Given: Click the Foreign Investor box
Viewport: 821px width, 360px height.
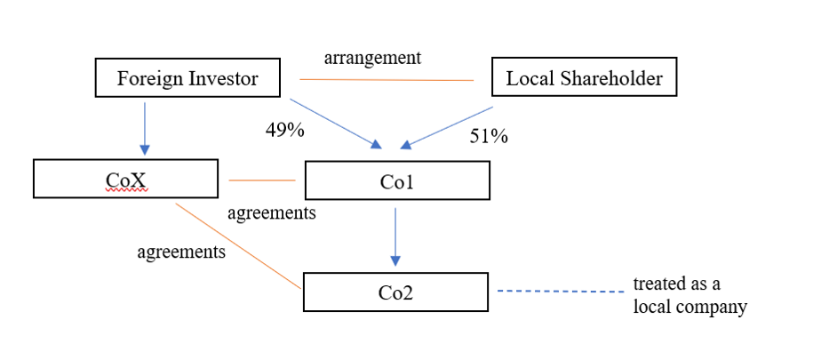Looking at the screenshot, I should [187, 78].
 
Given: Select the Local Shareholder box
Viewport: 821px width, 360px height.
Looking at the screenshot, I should [584, 78].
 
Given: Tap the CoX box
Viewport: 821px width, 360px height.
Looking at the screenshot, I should [125, 179].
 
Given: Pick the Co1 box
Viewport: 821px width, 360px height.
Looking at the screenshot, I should [396, 180].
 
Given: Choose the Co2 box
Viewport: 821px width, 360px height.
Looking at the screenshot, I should [395, 292].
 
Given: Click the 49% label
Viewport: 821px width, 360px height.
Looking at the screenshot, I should [285, 130].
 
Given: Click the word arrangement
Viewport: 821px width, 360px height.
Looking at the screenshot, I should [372, 58].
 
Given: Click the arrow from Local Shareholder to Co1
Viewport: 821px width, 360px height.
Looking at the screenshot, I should [450, 125].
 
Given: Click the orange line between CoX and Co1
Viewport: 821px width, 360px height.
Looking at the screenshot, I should [261, 180].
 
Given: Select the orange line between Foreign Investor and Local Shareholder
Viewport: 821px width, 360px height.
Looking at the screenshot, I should [387, 80].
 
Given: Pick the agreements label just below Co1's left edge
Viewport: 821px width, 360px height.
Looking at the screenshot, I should [272, 213].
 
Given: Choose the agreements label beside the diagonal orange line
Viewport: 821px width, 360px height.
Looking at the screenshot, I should [181, 252].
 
